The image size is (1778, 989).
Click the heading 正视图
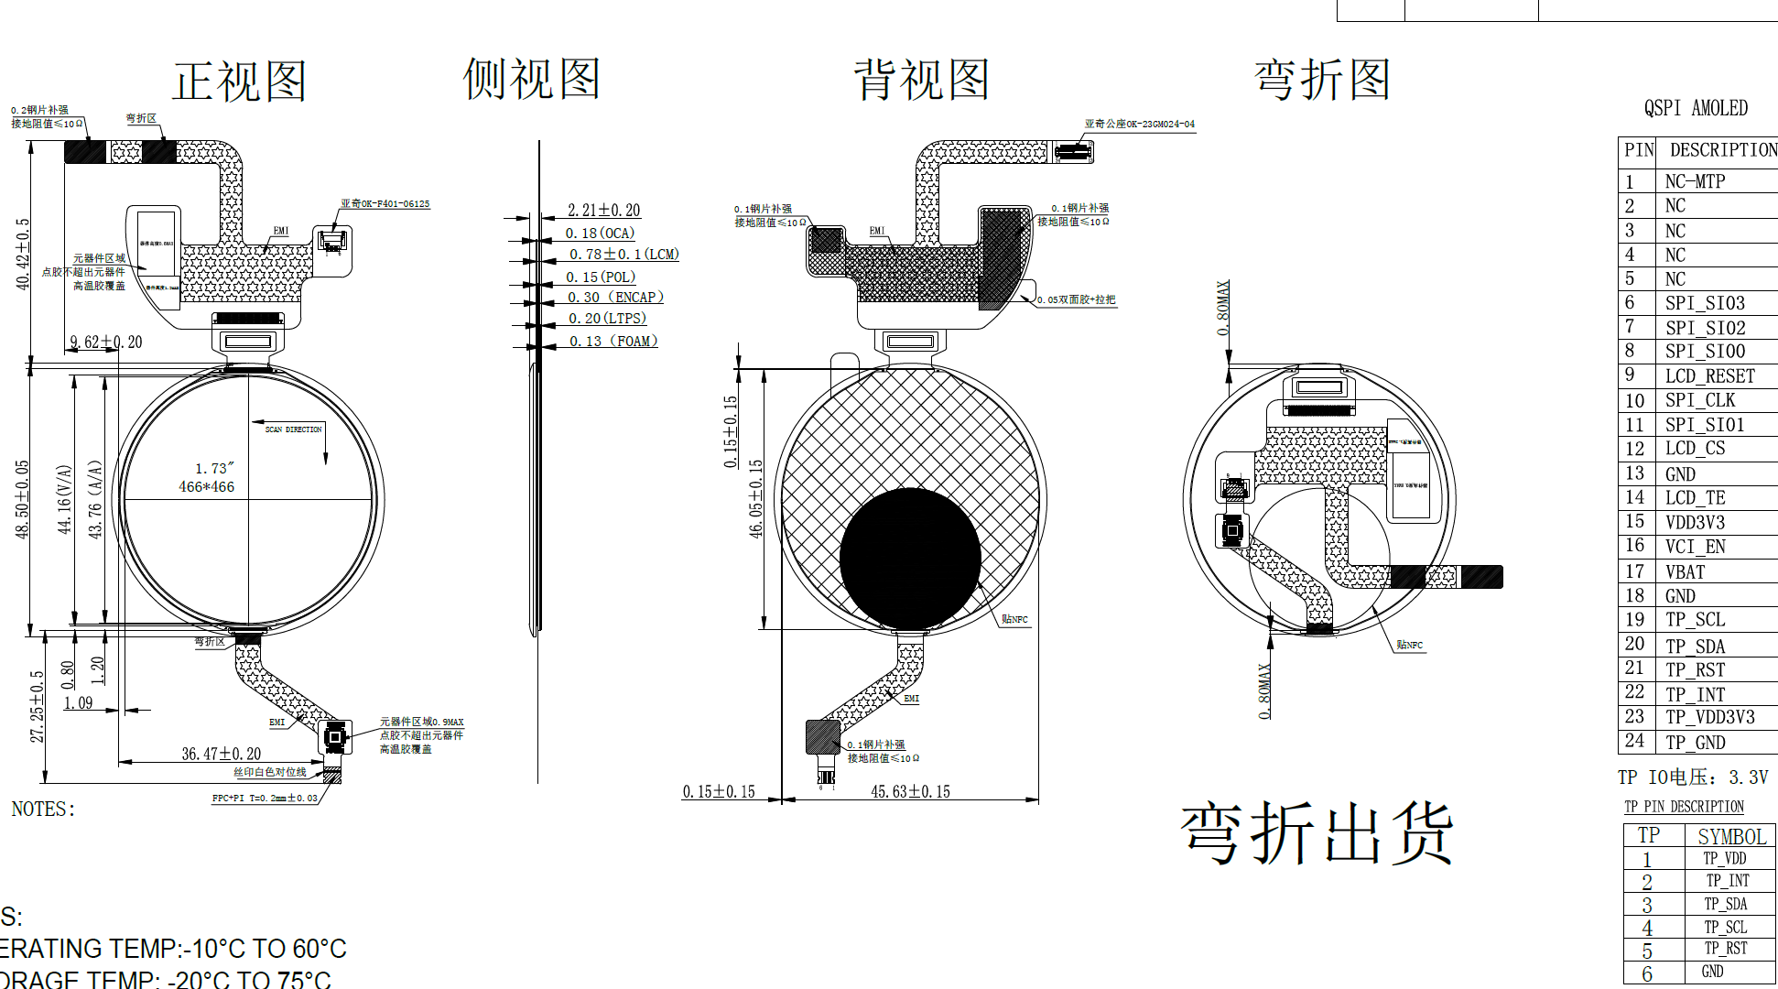point(239,82)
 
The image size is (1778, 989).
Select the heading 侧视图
point(531,79)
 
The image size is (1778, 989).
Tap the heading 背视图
point(921,80)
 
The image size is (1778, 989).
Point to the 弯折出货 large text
point(1317,833)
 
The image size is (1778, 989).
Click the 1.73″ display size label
point(214,469)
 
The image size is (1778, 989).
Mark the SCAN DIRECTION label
point(293,429)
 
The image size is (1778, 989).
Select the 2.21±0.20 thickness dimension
point(603,211)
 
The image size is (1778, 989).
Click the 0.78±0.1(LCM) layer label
point(623,255)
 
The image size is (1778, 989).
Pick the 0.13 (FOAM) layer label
point(613,342)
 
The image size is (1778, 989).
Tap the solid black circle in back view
point(910,558)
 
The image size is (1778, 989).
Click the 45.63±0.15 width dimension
point(910,792)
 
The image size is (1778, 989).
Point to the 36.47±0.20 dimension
point(221,755)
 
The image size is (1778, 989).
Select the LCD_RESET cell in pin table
point(1709,376)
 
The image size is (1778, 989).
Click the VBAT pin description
point(1685,572)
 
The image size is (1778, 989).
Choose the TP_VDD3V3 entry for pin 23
point(1709,717)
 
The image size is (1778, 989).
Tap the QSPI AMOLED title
point(1696,108)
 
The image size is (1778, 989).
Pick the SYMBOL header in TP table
point(1730,836)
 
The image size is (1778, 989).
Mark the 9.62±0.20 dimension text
point(106,342)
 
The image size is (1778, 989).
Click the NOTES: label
point(43,810)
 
